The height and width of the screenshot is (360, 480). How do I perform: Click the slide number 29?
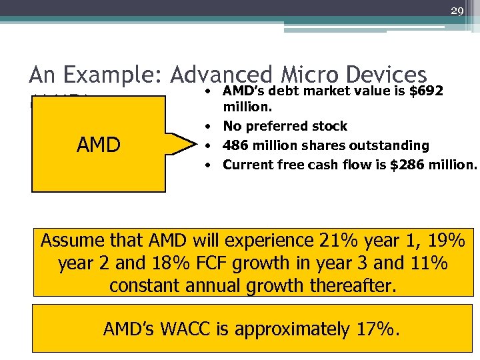(457, 11)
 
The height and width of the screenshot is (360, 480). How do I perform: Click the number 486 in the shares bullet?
(236, 145)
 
